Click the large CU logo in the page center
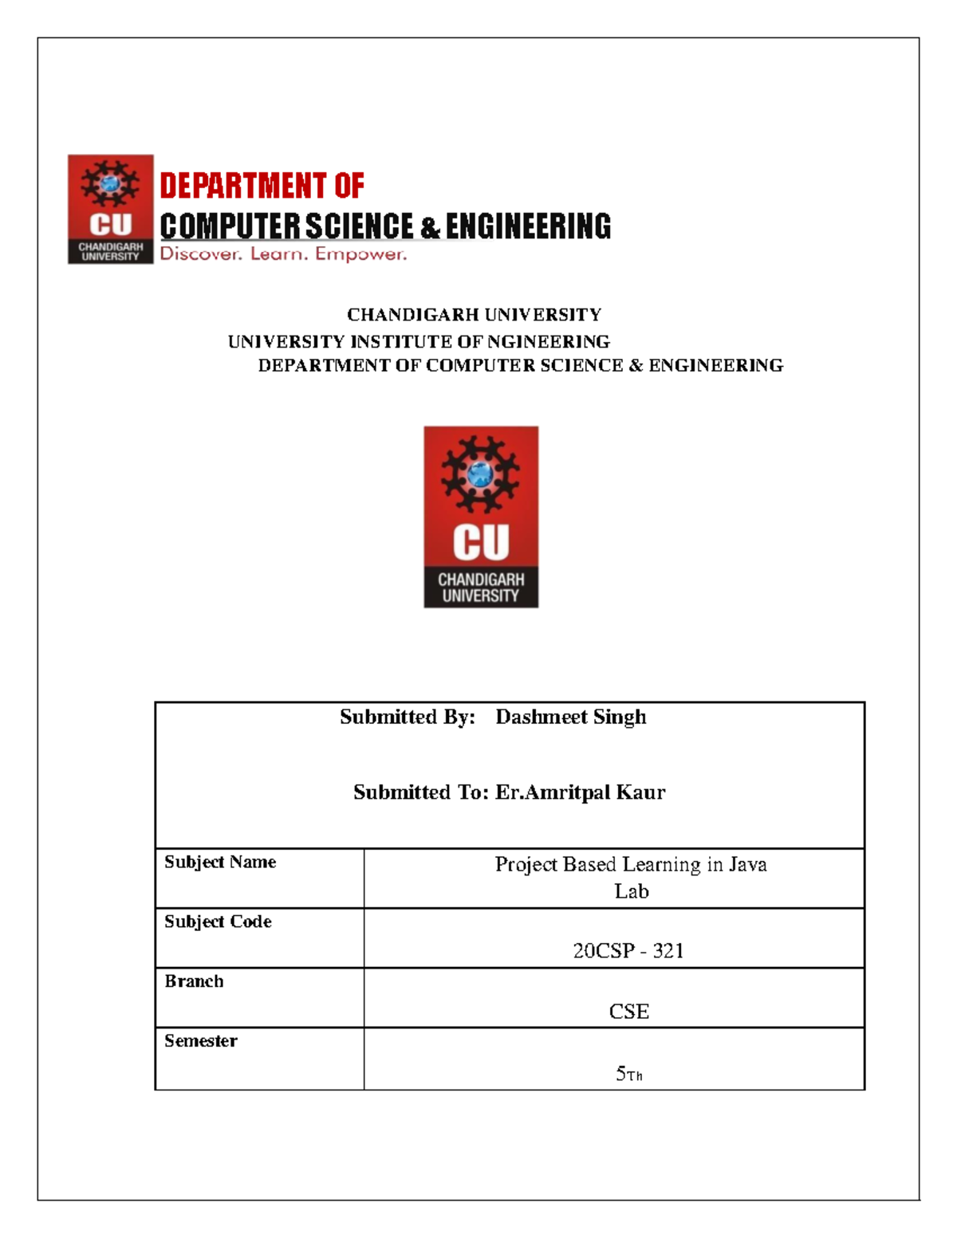click(x=481, y=517)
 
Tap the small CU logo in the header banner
click(x=110, y=209)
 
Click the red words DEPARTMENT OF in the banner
click(x=262, y=186)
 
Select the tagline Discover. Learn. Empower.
click(x=283, y=254)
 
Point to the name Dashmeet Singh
click(x=570, y=717)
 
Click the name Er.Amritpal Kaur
click(x=580, y=792)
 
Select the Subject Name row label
click(x=220, y=862)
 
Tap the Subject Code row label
click(x=218, y=922)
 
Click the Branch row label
click(x=194, y=981)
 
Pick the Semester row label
click(x=200, y=1041)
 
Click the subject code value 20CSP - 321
click(x=628, y=950)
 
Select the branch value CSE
click(x=628, y=1012)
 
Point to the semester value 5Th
click(x=628, y=1074)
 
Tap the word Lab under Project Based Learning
click(x=631, y=891)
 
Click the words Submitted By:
click(x=407, y=717)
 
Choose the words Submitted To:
click(x=420, y=792)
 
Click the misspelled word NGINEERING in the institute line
click(x=548, y=342)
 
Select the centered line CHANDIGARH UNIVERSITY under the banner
click(x=474, y=315)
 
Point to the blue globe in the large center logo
click(x=480, y=474)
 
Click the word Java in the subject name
click(x=747, y=864)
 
